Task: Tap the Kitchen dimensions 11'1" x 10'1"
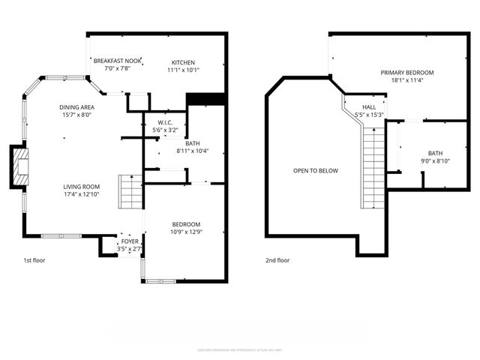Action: point(183,70)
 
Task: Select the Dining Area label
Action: point(77,107)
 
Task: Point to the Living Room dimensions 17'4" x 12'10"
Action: point(81,194)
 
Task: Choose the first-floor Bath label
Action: point(193,143)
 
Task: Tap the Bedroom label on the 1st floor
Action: point(186,224)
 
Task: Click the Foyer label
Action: point(130,241)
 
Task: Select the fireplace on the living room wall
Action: point(19,166)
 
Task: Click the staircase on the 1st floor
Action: point(130,191)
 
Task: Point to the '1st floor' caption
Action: point(34,260)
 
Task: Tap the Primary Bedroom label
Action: point(406,73)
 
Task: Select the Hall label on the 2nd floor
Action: point(370,107)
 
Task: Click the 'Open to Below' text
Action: point(315,170)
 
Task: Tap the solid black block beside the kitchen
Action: point(205,99)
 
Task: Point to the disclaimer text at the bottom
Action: point(239,349)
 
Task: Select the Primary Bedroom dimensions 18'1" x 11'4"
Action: point(406,81)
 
